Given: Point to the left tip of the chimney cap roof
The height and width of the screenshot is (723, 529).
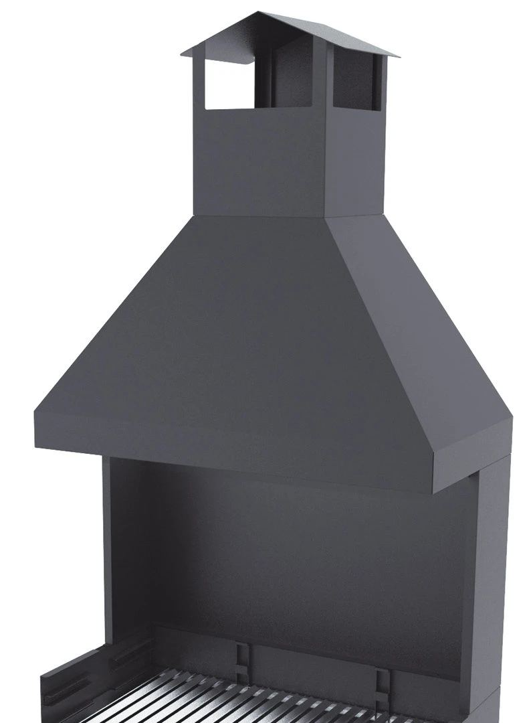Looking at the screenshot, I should pos(183,52).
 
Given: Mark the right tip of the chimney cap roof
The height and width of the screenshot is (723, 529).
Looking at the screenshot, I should pos(397,56).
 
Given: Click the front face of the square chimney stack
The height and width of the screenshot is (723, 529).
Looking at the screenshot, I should pos(258,164).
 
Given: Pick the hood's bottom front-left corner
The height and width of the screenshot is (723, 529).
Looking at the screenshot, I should pos(36,435).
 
